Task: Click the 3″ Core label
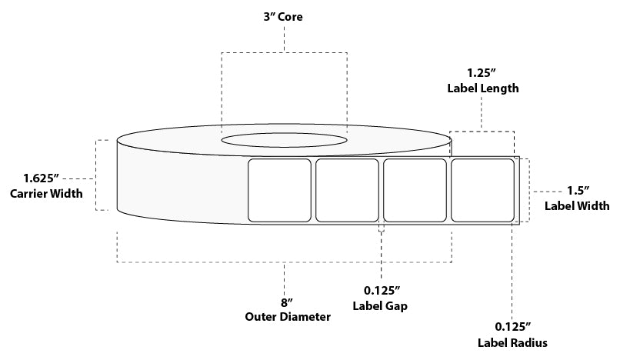pyautogui.click(x=283, y=17)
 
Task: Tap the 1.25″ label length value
pyautogui.click(x=482, y=73)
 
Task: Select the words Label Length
pyautogui.click(x=483, y=88)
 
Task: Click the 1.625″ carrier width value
pyautogui.click(x=41, y=178)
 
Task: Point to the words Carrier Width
pyautogui.click(x=46, y=193)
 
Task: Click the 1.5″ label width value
pyautogui.click(x=578, y=191)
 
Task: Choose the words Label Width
pyautogui.click(x=577, y=205)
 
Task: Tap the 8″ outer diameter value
pyautogui.click(x=287, y=302)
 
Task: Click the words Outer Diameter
pyautogui.click(x=288, y=317)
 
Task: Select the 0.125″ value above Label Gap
pyautogui.click(x=382, y=291)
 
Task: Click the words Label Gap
pyautogui.click(x=380, y=306)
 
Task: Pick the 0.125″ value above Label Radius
pyautogui.click(x=512, y=327)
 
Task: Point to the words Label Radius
pyautogui.click(x=512, y=342)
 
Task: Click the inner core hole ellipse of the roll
pyautogui.click(x=285, y=140)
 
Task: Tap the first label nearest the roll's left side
pyautogui.click(x=279, y=190)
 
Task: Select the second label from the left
pyautogui.click(x=347, y=190)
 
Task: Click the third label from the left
pyautogui.click(x=415, y=190)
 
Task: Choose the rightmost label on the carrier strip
pyautogui.click(x=482, y=190)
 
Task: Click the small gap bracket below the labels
pyautogui.click(x=382, y=228)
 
